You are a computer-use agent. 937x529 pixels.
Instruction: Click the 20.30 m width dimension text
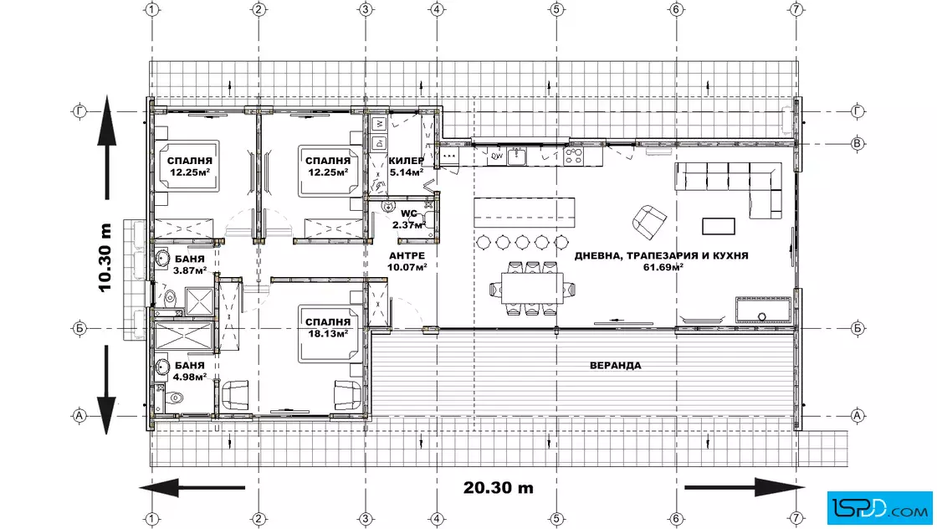coord(498,488)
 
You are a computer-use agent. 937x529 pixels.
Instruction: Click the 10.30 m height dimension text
coord(105,258)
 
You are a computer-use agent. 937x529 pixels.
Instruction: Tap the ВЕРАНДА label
coord(616,365)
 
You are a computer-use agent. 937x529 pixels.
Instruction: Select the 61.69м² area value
coord(663,267)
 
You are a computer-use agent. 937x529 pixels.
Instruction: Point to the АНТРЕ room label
coord(407,256)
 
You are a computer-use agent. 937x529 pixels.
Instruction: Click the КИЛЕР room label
coord(407,161)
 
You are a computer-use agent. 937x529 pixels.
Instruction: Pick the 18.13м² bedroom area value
coord(329,333)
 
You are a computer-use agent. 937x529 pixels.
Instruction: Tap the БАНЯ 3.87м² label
coord(190,264)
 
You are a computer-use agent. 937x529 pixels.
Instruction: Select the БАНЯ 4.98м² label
coord(190,371)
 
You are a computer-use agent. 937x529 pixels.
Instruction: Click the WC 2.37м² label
coord(409,219)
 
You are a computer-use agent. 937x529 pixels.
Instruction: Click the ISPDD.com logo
coord(879,508)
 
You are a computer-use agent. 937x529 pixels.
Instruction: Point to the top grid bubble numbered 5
coord(556,9)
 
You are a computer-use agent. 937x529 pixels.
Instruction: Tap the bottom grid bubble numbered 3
coord(366,519)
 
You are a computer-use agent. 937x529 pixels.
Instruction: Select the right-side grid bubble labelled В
coord(858,143)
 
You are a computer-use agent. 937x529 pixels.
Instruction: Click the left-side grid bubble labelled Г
coord(79,111)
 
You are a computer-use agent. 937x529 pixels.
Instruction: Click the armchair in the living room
coord(649,221)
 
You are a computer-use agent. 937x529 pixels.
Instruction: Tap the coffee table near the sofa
coord(719,226)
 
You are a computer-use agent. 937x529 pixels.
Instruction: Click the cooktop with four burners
coord(574,157)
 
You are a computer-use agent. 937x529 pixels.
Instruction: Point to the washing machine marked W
coord(379,125)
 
